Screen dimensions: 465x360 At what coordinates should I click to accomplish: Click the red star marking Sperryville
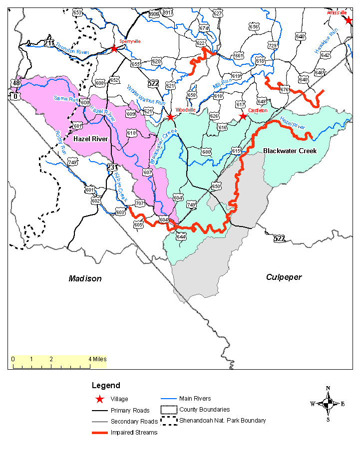tap(114, 48)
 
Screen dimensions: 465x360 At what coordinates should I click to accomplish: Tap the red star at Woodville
tap(170, 117)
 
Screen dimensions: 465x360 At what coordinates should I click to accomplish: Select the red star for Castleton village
tap(243, 116)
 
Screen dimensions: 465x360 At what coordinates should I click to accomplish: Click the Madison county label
tap(85, 278)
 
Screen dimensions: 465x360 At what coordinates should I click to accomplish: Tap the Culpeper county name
tap(284, 277)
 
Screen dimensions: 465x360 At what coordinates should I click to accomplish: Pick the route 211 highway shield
tap(49, 43)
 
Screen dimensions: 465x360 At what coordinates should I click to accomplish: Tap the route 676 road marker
tap(285, 89)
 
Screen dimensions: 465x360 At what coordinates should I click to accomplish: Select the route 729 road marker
tap(273, 45)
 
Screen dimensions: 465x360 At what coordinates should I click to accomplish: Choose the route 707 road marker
tap(140, 203)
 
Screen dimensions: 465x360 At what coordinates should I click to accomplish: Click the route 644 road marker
tap(181, 236)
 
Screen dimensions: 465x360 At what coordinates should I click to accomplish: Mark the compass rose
tap(328, 403)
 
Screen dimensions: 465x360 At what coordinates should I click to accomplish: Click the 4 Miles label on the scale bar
tap(97, 359)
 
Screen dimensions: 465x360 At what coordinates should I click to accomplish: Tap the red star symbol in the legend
tap(100, 399)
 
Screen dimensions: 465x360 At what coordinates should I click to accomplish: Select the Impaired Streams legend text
tap(134, 433)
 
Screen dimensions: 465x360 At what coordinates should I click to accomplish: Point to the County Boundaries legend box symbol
tap(168, 410)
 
